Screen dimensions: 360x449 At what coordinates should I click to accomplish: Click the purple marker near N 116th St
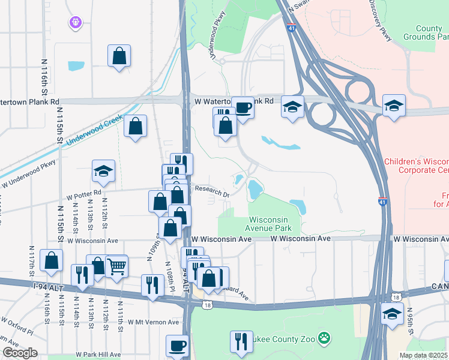(74, 22)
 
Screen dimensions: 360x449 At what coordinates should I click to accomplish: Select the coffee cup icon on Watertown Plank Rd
(243, 108)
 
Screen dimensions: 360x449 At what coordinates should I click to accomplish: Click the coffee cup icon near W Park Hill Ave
(177, 346)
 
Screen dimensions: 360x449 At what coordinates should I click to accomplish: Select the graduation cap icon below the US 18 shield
(392, 313)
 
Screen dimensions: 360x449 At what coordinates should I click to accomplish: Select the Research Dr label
(212, 191)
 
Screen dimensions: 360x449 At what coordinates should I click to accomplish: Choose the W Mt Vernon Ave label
(153, 322)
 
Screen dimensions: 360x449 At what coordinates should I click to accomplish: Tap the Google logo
(20, 353)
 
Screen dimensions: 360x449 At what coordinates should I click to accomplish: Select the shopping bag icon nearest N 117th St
(51, 260)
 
